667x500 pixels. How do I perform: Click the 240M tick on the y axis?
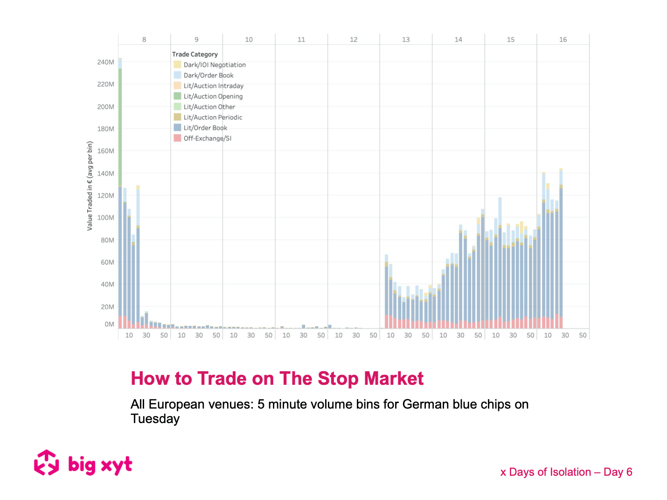[x=105, y=62]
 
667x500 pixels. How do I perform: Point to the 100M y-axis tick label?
[x=105, y=218]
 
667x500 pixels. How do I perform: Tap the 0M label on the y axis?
[x=109, y=324]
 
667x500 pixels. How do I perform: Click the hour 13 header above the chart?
[x=406, y=40]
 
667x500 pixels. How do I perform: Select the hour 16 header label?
[x=563, y=40]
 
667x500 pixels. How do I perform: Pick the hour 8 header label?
[x=144, y=40]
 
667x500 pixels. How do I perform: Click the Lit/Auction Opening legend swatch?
[x=177, y=96]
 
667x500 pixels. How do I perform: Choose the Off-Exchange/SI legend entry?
[x=207, y=139]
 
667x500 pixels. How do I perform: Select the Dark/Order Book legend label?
[x=208, y=76]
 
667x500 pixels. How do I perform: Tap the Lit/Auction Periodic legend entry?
[x=213, y=118]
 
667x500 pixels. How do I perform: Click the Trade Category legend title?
[x=195, y=55]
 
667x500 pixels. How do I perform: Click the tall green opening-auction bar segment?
[x=120, y=126]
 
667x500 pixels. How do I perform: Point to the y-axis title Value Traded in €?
[x=90, y=186]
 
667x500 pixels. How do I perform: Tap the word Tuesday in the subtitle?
[x=155, y=419]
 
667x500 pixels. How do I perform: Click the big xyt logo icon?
[x=46, y=463]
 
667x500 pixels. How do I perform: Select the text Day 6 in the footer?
[x=618, y=472]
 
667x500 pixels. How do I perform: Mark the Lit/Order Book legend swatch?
[x=177, y=128]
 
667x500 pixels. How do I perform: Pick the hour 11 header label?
[x=301, y=40]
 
